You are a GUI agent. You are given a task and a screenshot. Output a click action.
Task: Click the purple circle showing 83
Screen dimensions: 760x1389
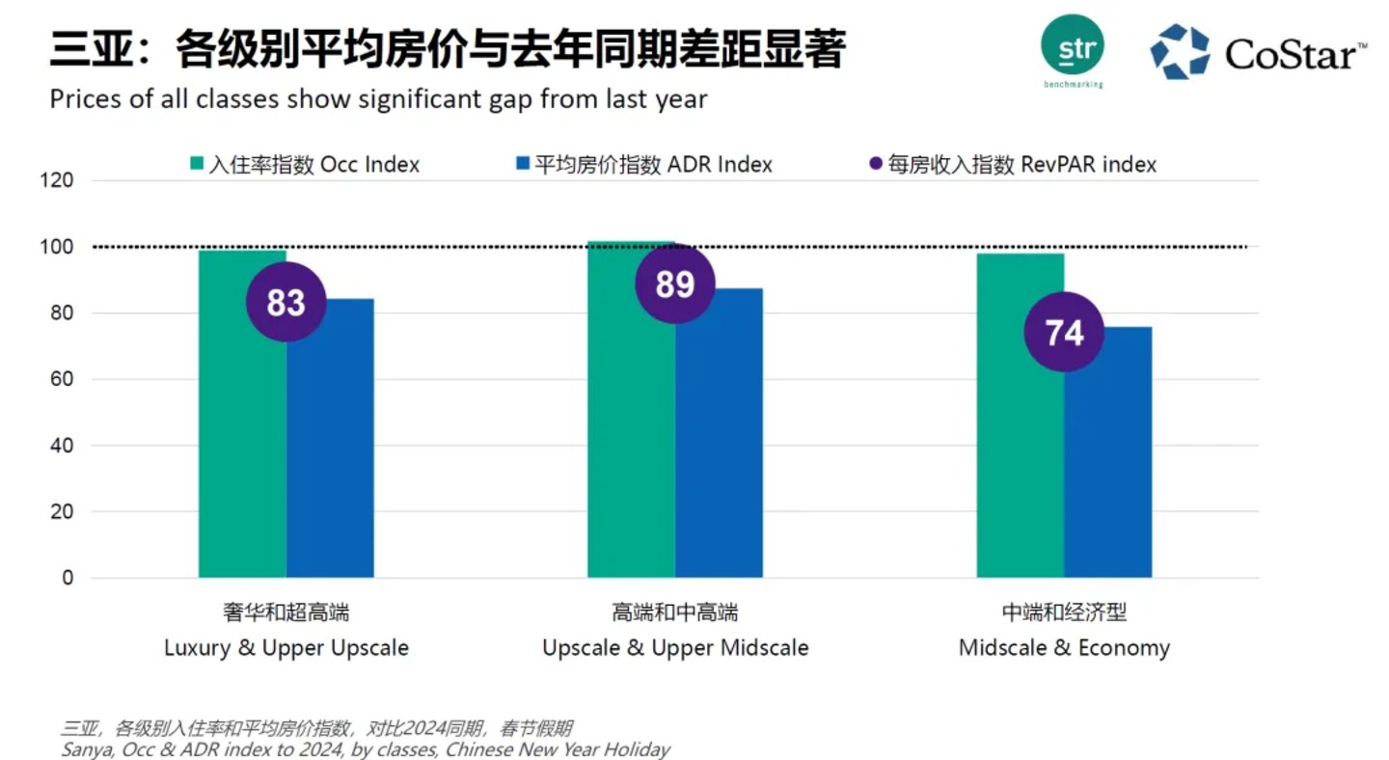click(286, 302)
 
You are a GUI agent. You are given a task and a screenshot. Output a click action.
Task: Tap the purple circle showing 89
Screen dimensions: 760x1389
click(675, 284)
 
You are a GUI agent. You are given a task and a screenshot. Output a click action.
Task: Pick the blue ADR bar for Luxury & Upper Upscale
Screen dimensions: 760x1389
click(330, 453)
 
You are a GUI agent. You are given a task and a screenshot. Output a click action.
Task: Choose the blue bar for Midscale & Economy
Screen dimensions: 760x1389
click(1108, 463)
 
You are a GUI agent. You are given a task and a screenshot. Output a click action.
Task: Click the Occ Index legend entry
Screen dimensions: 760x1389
click(305, 165)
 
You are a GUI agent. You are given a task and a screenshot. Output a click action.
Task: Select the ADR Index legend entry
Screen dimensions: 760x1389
click(644, 165)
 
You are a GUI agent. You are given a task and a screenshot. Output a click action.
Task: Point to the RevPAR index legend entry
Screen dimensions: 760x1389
click(1012, 165)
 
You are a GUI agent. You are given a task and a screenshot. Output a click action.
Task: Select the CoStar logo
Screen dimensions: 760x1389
click(1259, 52)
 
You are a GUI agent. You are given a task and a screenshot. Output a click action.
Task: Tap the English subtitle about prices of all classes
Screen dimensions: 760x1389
click(378, 98)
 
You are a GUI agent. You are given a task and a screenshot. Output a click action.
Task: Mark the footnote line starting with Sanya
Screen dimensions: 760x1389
click(365, 749)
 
